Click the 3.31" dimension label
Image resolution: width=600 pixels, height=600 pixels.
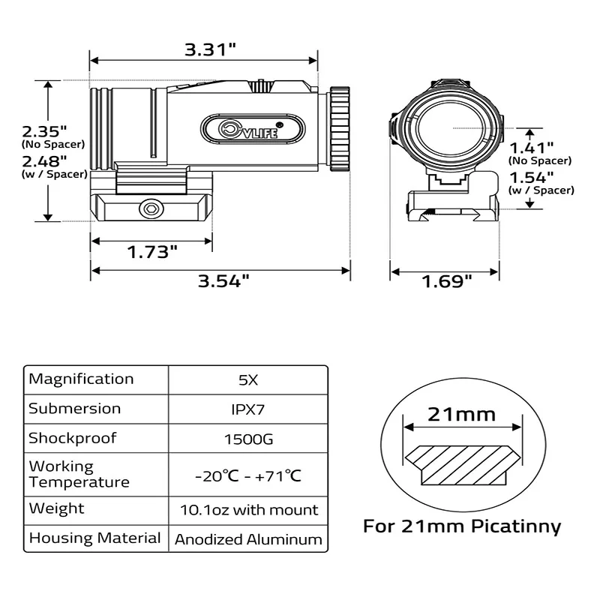211,49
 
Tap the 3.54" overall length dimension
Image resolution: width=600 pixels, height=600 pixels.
223,281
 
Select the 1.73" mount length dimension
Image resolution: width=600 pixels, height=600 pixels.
152,251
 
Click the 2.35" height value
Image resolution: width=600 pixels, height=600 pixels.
44,129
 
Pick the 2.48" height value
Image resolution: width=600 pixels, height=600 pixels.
44,160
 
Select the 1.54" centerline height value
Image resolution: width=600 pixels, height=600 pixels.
532,177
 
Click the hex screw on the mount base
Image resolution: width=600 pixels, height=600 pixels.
151,208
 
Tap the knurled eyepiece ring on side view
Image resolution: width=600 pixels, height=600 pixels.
339,130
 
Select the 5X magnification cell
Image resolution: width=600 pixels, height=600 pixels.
247,379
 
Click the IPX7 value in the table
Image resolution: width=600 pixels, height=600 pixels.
247,409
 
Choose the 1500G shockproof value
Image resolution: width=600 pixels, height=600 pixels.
247,439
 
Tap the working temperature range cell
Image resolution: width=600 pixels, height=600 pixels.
247,475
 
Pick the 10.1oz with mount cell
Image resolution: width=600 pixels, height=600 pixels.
247,510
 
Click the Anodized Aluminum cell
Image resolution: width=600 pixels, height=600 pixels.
247,539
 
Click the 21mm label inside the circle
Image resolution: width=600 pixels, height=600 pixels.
461,413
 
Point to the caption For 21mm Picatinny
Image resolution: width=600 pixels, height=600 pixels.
462,526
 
